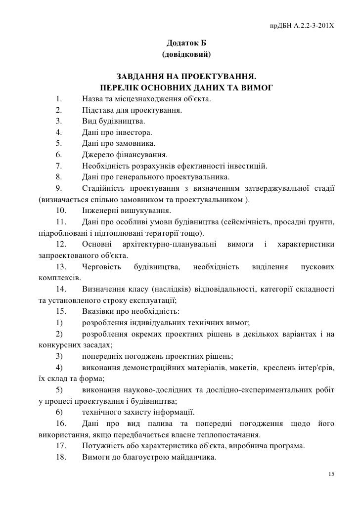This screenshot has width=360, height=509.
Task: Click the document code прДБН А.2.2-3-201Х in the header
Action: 301,25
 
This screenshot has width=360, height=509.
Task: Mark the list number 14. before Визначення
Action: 61,289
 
